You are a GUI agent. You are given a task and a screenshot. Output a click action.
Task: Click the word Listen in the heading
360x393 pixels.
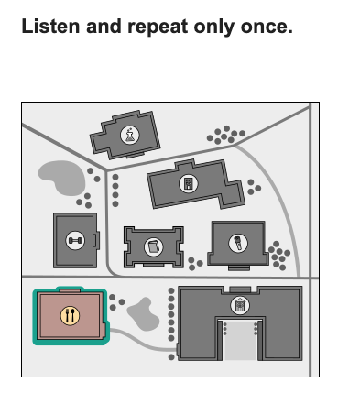[x=50, y=26]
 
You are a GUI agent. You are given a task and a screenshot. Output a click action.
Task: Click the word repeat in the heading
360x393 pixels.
[x=158, y=27]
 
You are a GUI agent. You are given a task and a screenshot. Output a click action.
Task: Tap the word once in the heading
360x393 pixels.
[x=267, y=27]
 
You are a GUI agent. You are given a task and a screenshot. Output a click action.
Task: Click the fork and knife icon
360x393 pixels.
[x=70, y=316]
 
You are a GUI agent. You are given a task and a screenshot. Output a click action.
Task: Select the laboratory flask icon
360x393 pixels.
[x=130, y=136]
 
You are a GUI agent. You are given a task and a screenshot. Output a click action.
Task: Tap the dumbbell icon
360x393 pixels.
[x=75, y=241]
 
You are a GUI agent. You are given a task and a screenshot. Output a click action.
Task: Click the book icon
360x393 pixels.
[x=154, y=246]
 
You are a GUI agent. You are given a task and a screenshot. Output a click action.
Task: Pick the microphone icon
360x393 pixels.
[x=238, y=244]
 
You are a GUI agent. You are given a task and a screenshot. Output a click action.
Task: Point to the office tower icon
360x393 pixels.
[x=188, y=183]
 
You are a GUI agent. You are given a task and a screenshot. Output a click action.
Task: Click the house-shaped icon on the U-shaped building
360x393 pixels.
[x=240, y=305]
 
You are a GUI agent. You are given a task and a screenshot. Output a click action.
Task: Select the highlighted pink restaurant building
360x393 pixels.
[x=71, y=316]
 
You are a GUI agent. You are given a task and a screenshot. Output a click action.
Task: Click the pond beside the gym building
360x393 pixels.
[x=62, y=178]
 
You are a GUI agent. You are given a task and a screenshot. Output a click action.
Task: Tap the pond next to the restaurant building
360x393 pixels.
[x=143, y=314]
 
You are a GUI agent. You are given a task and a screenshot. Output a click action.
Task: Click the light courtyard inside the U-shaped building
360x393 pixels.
[x=240, y=340]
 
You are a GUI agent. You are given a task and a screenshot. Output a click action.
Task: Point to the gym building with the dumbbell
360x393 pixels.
[x=76, y=241]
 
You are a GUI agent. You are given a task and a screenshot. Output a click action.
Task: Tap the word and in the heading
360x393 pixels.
[x=104, y=27]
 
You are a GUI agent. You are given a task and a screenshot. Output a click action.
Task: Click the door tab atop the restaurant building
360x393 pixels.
[x=70, y=290]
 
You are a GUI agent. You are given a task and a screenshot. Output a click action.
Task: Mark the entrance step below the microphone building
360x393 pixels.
[x=239, y=268]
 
